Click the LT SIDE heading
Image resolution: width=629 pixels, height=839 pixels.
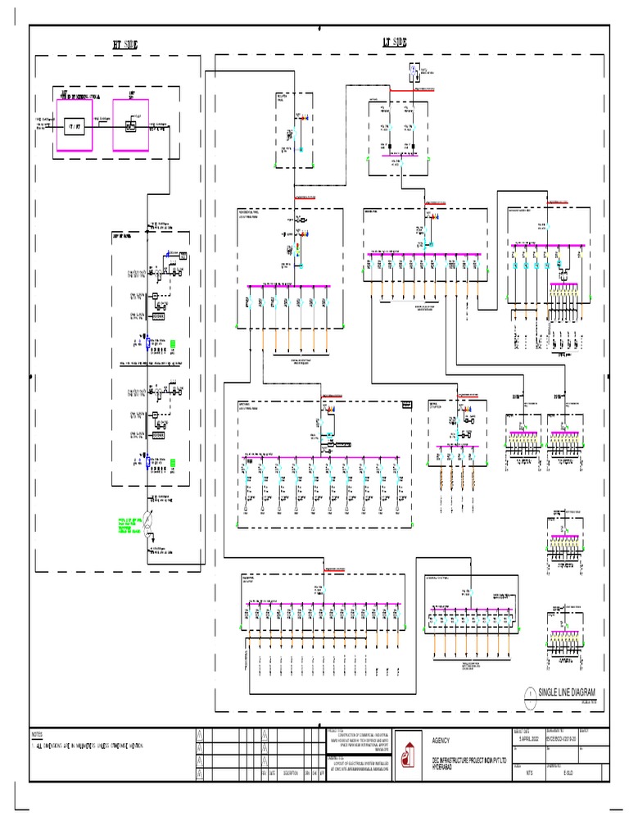[395, 42]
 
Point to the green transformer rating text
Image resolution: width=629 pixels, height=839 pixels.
[129, 525]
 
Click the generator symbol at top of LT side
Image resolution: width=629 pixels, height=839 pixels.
[416, 70]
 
